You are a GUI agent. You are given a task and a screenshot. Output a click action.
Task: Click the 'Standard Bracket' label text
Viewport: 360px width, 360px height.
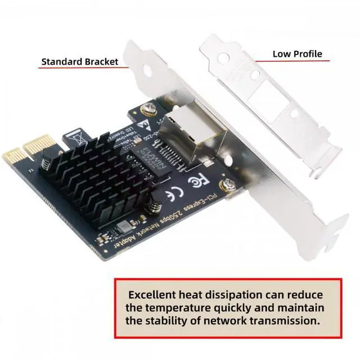(79, 61)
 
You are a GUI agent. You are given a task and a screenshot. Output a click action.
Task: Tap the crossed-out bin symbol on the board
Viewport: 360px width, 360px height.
(77, 137)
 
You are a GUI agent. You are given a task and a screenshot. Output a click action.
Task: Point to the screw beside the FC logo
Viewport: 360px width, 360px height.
(229, 184)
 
